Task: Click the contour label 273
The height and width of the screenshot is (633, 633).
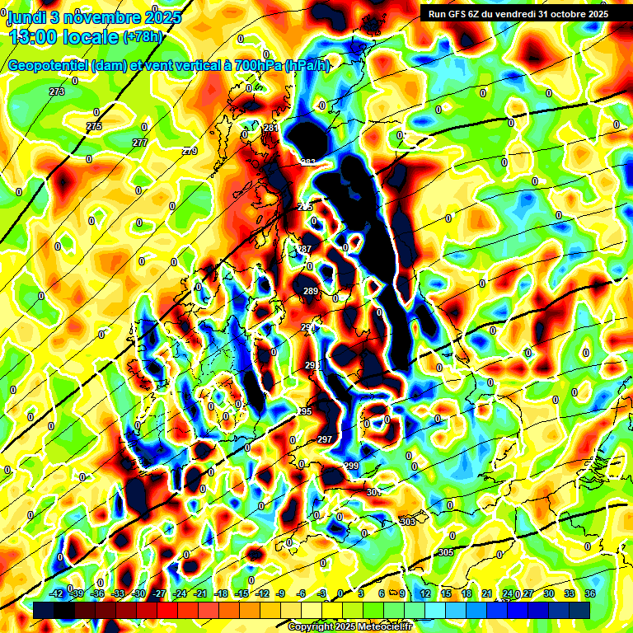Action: [x=57, y=91]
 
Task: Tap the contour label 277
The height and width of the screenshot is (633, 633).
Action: [x=140, y=143]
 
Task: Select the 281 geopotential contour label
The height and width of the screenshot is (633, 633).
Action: [x=271, y=128]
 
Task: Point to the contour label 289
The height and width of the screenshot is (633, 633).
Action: [x=310, y=291]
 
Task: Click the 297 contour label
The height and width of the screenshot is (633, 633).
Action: [x=325, y=439]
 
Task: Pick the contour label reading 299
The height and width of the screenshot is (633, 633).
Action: [x=351, y=466]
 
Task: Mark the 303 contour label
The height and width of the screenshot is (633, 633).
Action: [x=407, y=522]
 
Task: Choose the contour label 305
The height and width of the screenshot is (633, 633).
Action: [x=446, y=551]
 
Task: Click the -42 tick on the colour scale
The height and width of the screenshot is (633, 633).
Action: [x=57, y=593]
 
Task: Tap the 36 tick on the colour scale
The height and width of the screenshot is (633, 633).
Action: [x=589, y=593]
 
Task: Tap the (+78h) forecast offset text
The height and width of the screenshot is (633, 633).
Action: [x=143, y=36]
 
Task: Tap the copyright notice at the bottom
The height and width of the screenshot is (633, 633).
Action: [x=350, y=626]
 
